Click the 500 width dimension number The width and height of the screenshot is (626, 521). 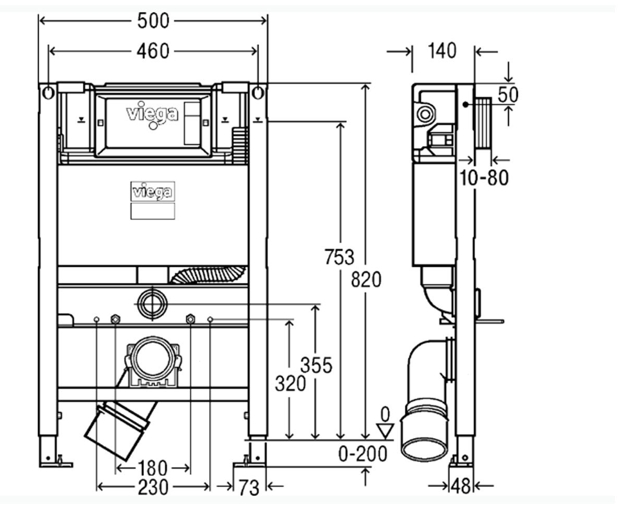pyautogui.click(x=153, y=21)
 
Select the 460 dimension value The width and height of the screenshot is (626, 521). pyautogui.click(x=153, y=52)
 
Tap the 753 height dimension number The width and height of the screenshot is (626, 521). pyautogui.click(x=340, y=257)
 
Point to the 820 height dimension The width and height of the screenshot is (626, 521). pyautogui.click(x=366, y=280)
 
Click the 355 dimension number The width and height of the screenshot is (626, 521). pyautogui.click(x=316, y=365)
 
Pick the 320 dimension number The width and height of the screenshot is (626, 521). pyautogui.click(x=290, y=383)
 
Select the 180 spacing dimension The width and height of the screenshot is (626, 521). pyautogui.click(x=152, y=468)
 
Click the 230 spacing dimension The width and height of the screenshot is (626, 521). pyautogui.click(x=153, y=488)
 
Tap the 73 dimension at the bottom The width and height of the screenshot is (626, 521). pyautogui.click(x=249, y=488)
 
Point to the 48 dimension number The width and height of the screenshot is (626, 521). pyautogui.click(x=461, y=487)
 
